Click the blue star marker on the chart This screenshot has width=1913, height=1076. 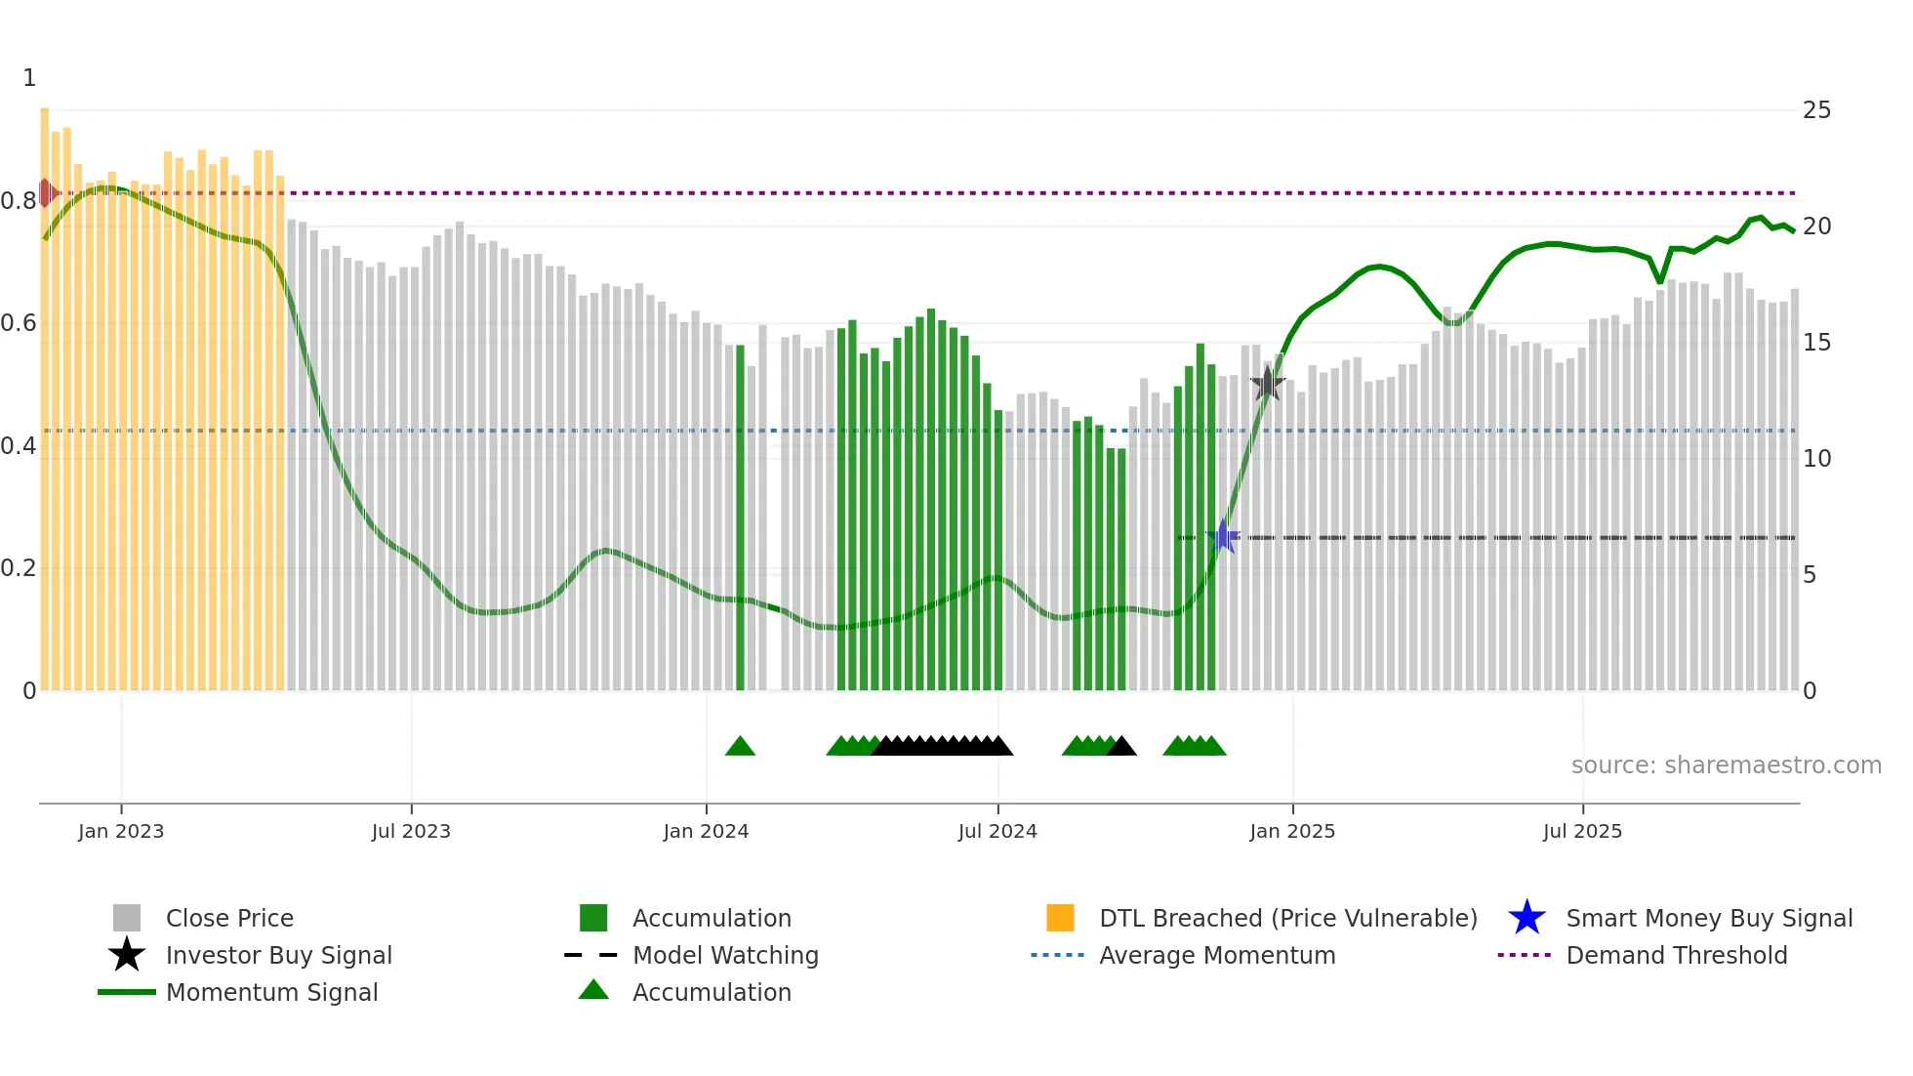[1223, 536]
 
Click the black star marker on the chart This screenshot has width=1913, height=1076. [1267, 384]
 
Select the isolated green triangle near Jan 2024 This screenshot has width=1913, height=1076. [740, 747]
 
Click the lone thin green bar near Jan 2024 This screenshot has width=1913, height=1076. [740, 517]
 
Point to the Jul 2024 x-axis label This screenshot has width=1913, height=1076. [997, 831]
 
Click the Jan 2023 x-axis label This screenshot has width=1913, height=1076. [121, 831]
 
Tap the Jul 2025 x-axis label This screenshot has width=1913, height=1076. [1582, 831]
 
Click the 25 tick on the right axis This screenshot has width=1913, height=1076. [1816, 110]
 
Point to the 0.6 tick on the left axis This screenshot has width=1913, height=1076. [20, 323]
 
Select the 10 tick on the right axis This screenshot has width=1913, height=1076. [1816, 458]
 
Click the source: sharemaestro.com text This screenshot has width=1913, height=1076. [1726, 766]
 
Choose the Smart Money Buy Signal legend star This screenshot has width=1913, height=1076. [1526, 918]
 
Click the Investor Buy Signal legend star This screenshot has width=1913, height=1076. [127, 955]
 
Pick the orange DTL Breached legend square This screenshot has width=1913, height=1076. [1060, 918]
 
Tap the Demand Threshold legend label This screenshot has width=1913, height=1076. [1676, 955]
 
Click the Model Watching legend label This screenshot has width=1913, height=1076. [725, 955]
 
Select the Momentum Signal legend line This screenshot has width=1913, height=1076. [127, 992]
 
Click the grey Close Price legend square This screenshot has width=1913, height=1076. [127, 918]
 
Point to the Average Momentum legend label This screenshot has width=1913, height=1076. [1217, 955]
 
